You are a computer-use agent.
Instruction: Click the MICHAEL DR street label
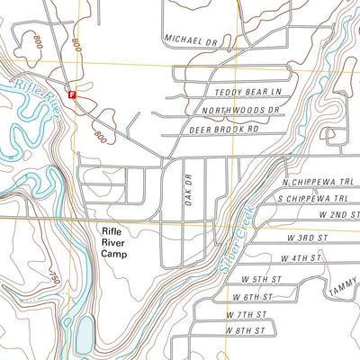coord(192,40)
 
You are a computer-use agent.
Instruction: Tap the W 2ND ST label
coord(338,215)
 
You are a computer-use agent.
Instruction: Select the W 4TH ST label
coord(301,258)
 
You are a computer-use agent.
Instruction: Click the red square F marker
coord(73,93)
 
